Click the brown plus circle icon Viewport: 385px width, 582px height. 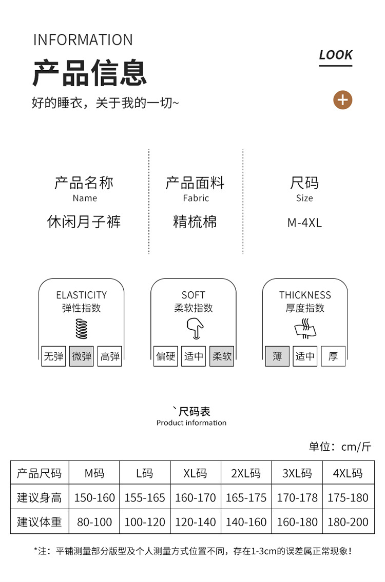[342, 100]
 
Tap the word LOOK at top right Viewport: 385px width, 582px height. [336, 55]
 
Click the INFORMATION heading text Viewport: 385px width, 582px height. [83, 39]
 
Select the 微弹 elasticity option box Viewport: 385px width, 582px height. [82, 356]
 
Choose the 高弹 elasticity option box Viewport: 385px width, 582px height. [110, 356]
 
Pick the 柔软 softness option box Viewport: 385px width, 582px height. [222, 356]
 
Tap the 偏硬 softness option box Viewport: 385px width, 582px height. [166, 356]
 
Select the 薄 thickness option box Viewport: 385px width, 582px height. [277, 356]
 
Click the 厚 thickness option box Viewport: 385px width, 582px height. [333, 356]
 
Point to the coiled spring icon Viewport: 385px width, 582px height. [82, 329]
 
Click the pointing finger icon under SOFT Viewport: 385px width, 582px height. [195, 329]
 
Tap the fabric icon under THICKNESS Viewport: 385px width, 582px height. [305, 329]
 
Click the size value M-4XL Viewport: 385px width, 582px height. [304, 223]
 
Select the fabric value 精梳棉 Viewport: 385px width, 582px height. [195, 222]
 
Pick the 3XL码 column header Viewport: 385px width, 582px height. [297, 473]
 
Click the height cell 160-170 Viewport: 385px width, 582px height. [196, 497]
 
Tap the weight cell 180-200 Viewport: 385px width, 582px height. [348, 522]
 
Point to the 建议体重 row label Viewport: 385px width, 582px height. [40, 522]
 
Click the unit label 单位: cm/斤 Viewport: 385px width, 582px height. [340, 447]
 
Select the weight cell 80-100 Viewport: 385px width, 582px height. [94, 522]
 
